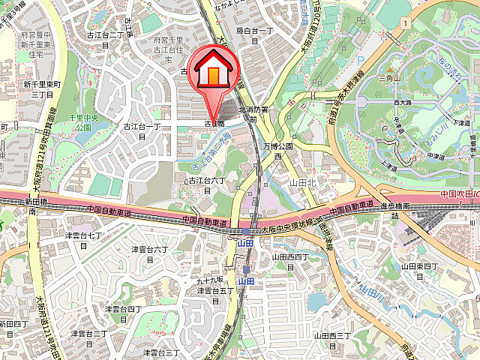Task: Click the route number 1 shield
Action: pyautogui.click(x=404, y=24)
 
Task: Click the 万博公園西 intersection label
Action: pyautogui.click(x=276, y=153)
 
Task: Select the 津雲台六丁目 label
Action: pyautogui.click(x=149, y=253)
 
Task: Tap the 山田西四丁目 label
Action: pyautogui.click(x=289, y=261)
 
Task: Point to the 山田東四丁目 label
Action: pyautogui.click(x=418, y=270)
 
